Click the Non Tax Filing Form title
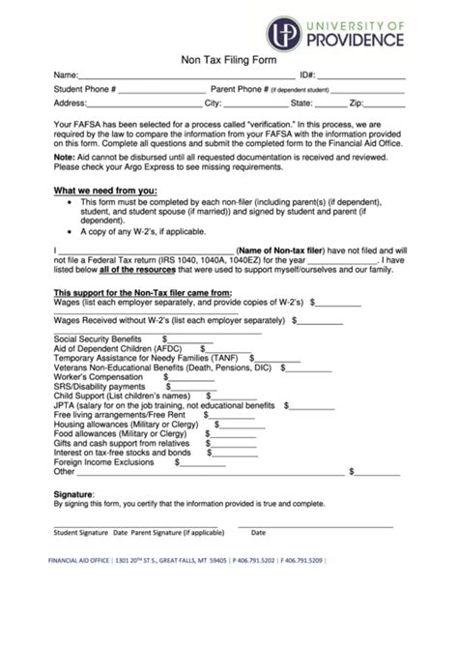coord(229,59)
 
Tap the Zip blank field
coord(384,103)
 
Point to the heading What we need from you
coord(104,191)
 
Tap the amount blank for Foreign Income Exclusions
coord(204,462)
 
